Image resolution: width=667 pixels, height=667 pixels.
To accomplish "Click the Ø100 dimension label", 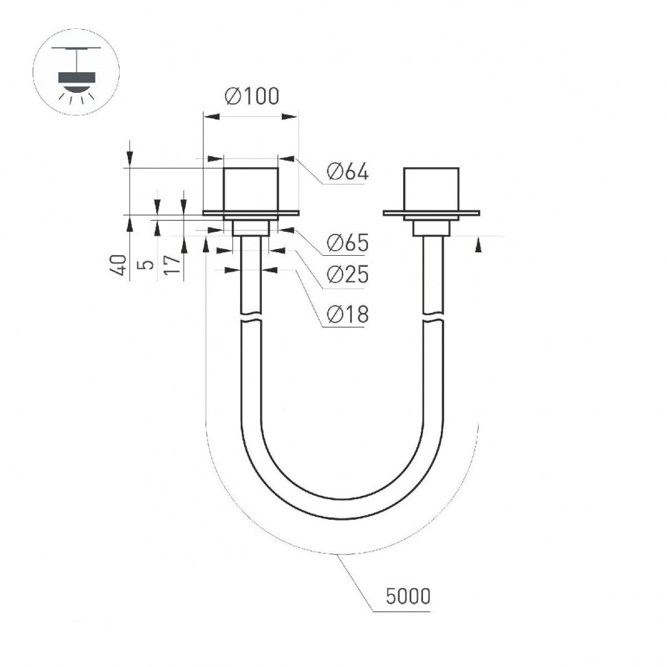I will coord(252,96).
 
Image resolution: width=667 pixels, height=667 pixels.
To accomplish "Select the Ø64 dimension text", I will coord(347,172).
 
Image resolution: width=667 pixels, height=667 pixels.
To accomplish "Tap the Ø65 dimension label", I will coord(347,242).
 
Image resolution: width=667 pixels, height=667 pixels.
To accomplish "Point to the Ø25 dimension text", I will coord(347,274).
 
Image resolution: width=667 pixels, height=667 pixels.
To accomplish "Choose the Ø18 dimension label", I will coord(347,314).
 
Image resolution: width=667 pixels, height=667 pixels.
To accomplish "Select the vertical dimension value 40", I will coord(119,265).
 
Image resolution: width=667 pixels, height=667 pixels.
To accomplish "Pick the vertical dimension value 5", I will coord(146,265).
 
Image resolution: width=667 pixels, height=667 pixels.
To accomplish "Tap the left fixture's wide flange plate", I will coord(251,213).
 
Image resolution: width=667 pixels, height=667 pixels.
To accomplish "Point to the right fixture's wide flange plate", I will coord(431,213).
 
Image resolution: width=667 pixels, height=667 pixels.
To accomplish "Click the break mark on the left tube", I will coord(251,319).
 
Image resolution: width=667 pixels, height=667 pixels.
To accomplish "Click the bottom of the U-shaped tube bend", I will coord(341,509).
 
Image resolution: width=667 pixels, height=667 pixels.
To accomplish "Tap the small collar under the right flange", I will coord(431,228).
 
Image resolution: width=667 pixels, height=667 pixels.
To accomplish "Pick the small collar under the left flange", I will coord(251,228).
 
